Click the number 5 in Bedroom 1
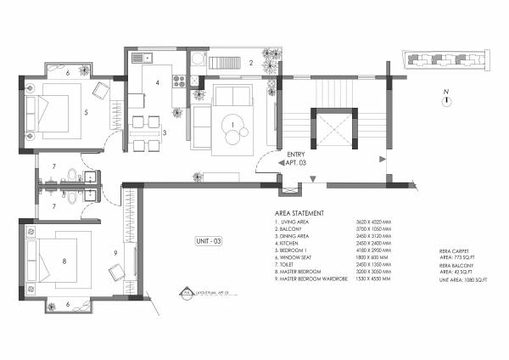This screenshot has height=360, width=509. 85,111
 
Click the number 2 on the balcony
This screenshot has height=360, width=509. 251,63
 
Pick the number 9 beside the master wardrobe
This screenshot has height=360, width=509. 116,252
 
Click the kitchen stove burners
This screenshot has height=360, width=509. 179,82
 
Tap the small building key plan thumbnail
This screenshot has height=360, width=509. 439,60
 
